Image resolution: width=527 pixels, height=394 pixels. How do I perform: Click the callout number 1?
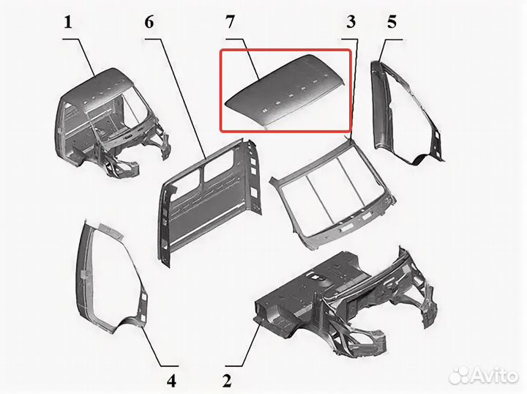tap(69, 23)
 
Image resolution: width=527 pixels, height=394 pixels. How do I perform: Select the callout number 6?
tap(149, 22)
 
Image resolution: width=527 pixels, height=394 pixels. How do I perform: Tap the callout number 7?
tap(230, 22)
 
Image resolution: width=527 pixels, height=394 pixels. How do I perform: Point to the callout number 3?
tap(351, 22)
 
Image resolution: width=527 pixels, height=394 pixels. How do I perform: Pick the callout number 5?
tap(392, 22)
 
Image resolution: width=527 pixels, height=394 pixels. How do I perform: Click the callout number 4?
tap(171, 381)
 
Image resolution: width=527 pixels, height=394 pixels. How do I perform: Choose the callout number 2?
tap(227, 381)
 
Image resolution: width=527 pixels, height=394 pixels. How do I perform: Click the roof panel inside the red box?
tap(285, 91)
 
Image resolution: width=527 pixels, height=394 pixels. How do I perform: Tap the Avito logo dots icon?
tap(460, 376)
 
